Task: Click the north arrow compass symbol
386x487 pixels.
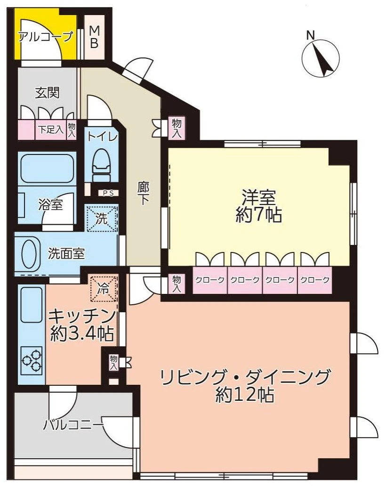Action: pyautogui.click(x=321, y=58)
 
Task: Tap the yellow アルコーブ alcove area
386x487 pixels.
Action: pyautogui.click(x=45, y=36)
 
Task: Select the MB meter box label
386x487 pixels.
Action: pyautogui.click(x=94, y=37)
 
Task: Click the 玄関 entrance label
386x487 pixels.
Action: pyautogui.click(x=47, y=93)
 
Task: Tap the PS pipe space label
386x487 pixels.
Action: pyautogui.click(x=108, y=193)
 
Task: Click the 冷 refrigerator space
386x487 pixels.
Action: pyautogui.click(x=103, y=289)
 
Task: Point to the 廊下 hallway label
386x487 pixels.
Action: pyautogui.click(x=143, y=194)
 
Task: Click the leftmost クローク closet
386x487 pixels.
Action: pyautogui.click(x=209, y=280)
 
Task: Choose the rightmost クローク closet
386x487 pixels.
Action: pyautogui.click(x=314, y=280)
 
